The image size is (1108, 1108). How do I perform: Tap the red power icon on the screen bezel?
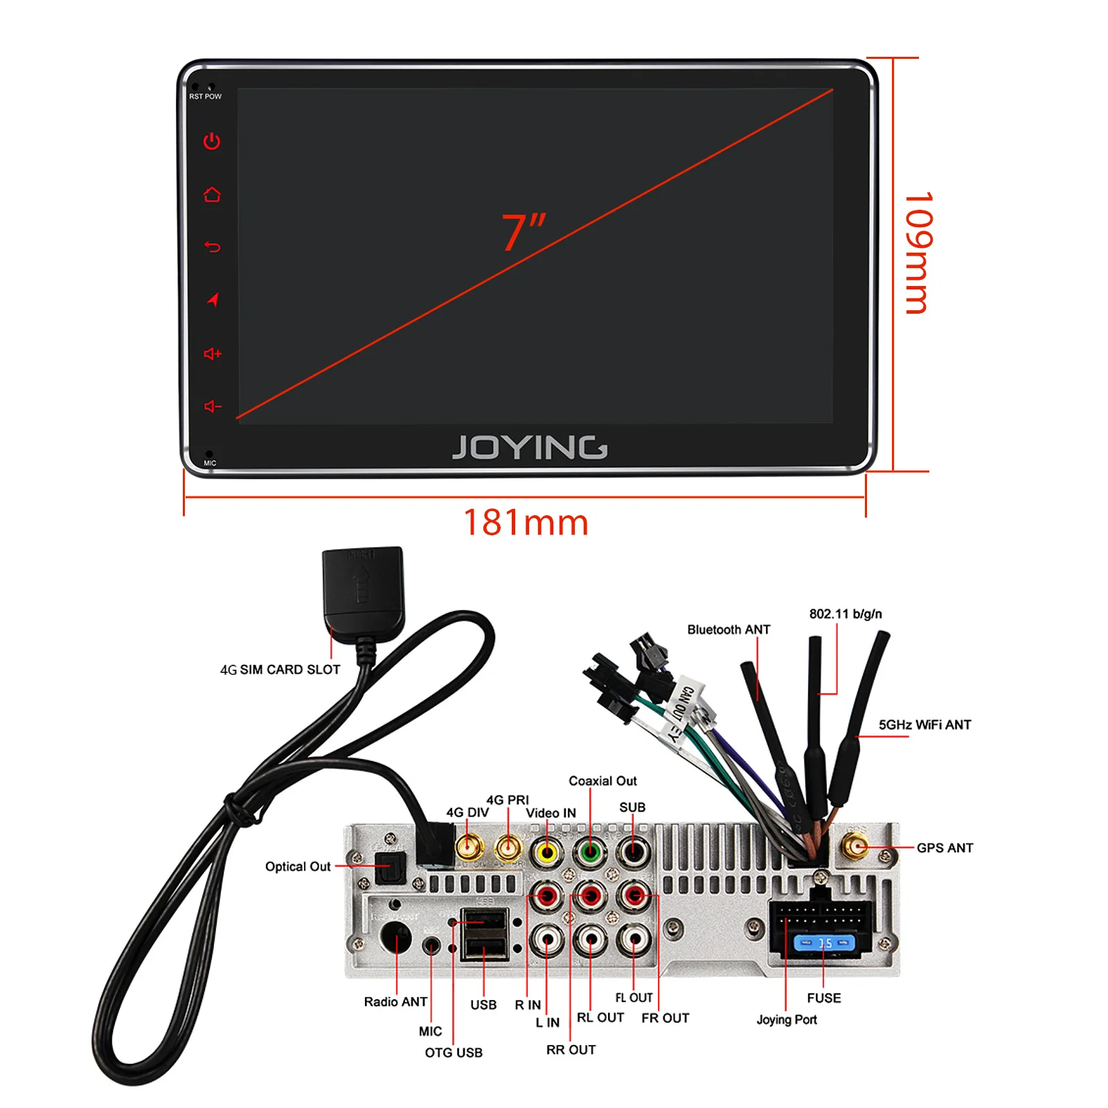click(x=212, y=141)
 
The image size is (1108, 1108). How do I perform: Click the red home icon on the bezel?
click(x=212, y=195)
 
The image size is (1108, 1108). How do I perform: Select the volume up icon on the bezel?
click(x=212, y=354)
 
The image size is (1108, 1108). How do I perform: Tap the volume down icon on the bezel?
click(x=212, y=406)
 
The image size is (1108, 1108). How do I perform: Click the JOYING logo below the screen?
click(x=530, y=447)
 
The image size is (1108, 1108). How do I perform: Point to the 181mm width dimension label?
click(x=526, y=523)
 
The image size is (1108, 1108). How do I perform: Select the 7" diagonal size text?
click(x=524, y=231)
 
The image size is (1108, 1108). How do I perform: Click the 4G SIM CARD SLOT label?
click(x=280, y=670)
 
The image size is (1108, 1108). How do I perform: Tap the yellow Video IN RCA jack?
click(x=547, y=852)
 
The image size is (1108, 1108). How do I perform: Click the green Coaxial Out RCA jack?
click(x=590, y=852)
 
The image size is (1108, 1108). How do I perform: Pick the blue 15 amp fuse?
click(x=824, y=943)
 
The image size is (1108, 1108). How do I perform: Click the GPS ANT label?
click(x=945, y=848)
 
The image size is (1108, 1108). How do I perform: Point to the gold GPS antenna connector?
click(x=855, y=846)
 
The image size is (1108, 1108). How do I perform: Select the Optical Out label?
click(x=298, y=866)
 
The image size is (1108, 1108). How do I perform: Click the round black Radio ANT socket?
click(x=396, y=939)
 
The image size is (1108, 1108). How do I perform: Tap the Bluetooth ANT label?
click(x=729, y=629)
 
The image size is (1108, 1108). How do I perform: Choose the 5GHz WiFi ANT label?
click(x=924, y=724)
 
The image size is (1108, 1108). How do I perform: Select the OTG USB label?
click(x=454, y=1053)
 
